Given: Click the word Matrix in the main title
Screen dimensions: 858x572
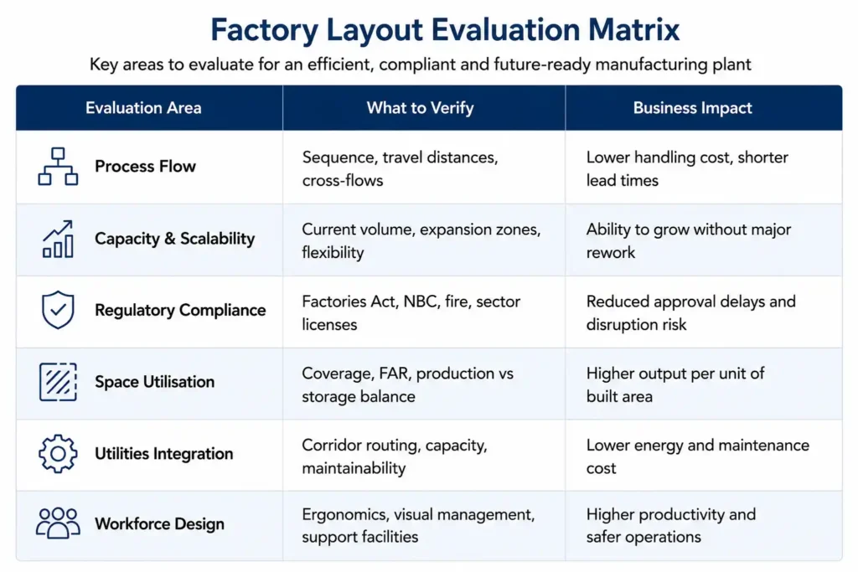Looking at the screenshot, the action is [x=633, y=29].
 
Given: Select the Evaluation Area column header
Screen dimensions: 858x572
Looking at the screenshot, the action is [x=143, y=108].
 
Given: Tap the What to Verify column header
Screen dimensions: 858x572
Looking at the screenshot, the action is [x=421, y=108].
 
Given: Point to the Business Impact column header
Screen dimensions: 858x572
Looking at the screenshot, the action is [x=693, y=108].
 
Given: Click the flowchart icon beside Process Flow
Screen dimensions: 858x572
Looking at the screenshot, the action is [x=58, y=167].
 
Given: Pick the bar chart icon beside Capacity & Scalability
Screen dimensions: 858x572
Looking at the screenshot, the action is [x=58, y=239].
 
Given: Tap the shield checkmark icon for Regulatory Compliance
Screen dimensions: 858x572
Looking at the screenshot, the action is [x=58, y=310].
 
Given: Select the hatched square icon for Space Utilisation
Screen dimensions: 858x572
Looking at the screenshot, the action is [x=58, y=382].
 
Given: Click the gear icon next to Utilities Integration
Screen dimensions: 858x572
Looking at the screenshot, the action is [x=58, y=453].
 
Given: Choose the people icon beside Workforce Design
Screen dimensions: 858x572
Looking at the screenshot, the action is [x=58, y=523].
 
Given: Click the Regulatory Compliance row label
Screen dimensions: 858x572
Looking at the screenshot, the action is [x=180, y=310].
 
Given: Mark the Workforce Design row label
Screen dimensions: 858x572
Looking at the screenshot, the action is [x=159, y=524].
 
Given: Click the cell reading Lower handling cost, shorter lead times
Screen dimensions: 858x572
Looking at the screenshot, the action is [x=687, y=169].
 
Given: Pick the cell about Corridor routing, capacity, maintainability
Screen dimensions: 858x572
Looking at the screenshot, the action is [x=394, y=456].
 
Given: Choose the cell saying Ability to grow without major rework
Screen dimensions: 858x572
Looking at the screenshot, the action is [x=689, y=240].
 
